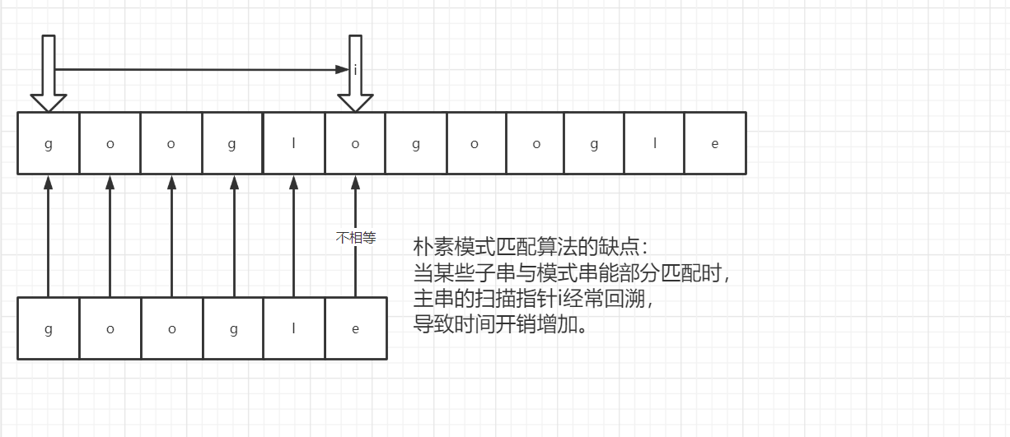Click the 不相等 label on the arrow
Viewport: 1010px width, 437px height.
[356, 239]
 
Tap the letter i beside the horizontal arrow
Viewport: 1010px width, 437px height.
[355, 71]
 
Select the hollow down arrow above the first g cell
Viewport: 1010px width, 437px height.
[49, 74]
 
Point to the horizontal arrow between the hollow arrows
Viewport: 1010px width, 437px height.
[198, 70]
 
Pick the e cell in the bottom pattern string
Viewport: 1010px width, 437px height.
[356, 329]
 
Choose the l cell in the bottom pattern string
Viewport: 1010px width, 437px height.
[294, 329]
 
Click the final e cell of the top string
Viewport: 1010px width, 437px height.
[714, 143]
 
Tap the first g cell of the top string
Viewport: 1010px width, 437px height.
[49, 143]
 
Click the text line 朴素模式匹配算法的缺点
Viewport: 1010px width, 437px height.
[531, 247]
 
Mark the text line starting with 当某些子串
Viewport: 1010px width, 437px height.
[572, 272]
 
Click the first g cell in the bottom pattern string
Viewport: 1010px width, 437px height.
[49, 329]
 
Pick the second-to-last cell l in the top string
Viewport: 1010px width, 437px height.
[654, 143]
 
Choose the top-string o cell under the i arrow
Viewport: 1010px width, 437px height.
[356, 143]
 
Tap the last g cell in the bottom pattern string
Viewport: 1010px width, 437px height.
[233, 329]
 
